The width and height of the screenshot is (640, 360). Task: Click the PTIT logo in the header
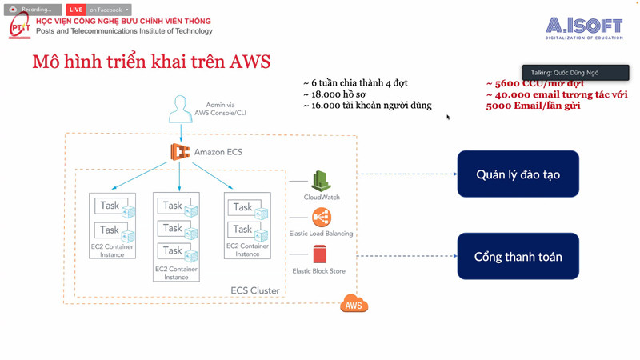click(x=19, y=26)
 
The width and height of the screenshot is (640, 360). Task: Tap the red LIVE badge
click(x=76, y=10)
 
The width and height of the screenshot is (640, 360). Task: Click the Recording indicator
click(x=32, y=10)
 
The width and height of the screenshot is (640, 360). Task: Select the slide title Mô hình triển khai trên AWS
click(x=151, y=62)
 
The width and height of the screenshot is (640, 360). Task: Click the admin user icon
click(x=180, y=110)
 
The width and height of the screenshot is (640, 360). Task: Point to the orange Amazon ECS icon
click(x=180, y=151)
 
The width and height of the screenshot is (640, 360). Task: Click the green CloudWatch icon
click(x=321, y=182)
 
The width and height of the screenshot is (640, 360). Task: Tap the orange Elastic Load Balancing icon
click(x=321, y=218)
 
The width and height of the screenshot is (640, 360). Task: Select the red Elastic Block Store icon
click(x=319, y=254)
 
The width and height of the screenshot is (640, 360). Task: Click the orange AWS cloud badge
click(x=354, y=305)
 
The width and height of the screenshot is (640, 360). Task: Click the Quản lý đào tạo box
click(x=518, y=174)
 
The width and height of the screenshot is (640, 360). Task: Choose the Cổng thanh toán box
click(x=518, y=257)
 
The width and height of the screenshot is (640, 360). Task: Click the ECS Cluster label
click(x=255, y=290)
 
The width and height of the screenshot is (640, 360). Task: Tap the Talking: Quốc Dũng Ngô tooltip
click(x=575, y=73)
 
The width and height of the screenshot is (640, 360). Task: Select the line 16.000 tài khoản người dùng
click(x=367, y=106)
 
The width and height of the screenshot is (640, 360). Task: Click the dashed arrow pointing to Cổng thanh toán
click(x=406, y=257)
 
